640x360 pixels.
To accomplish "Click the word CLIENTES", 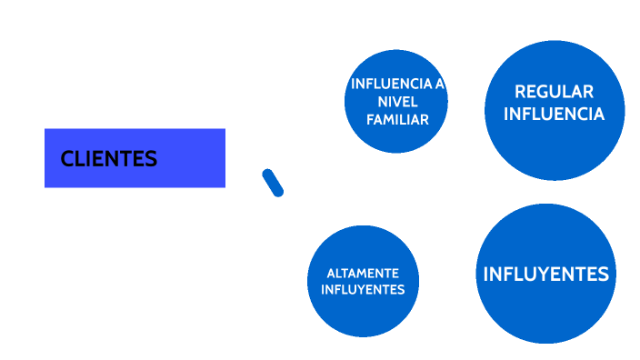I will [109, 159].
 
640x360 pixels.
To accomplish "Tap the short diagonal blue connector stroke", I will [272, 182].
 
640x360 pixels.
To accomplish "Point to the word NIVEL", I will [396, 101].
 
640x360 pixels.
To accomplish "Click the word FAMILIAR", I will [396, 118].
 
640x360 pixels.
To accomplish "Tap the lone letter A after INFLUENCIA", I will [440, 84].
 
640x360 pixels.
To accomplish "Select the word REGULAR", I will [554, 92].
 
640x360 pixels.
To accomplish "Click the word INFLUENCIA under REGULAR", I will [554, 114].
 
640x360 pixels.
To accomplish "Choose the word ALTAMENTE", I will [363, 273].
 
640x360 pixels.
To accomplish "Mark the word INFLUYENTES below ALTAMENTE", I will [363, 289].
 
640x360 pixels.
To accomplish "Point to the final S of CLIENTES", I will [152, 159].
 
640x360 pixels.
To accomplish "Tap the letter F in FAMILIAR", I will [369, 118].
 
